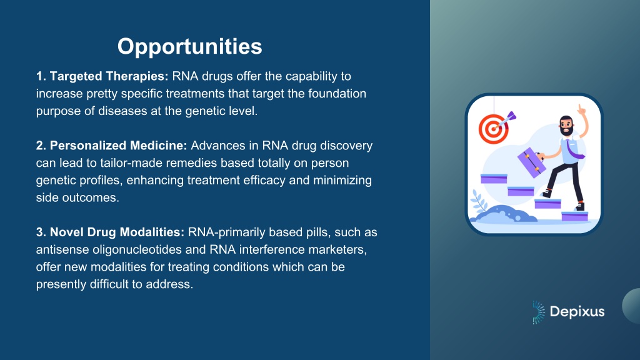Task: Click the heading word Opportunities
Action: point(190,46)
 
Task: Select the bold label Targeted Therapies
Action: point(102,76)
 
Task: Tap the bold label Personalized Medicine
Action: point(111,146)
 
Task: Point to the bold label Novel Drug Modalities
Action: point(110,232)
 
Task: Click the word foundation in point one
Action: point(337,94)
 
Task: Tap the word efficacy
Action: point(264,181)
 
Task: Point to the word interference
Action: point(272,250)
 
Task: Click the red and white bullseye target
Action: point(494,129)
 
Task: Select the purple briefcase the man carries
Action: point(531,162)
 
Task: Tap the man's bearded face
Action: point(566,126)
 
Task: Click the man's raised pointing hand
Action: point(582,109)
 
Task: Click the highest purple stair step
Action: point(494,179)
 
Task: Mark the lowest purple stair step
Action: point(575,216)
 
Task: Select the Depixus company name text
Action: point(577,312)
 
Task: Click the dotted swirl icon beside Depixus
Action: point(539,312)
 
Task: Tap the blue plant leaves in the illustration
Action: point(477,201)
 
